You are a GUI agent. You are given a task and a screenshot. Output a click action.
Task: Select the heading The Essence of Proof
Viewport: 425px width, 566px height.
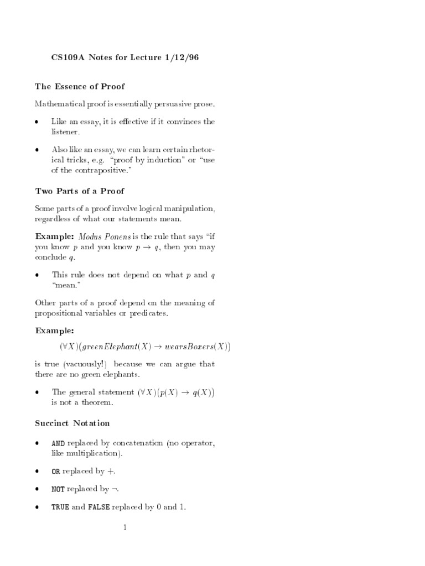[80, 86]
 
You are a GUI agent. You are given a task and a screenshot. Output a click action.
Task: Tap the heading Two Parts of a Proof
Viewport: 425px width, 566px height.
[80, 191]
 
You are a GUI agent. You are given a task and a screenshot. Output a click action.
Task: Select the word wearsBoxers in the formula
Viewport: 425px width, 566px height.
[188, 347]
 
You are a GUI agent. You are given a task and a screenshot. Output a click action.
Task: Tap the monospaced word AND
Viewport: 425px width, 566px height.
[58, 443]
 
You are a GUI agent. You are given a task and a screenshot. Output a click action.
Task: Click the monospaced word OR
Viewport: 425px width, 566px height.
[55, 471]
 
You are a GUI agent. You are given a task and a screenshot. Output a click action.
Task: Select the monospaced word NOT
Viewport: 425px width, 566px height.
[58, 489]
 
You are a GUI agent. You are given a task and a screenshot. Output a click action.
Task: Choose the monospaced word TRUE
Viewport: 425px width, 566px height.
[60, 507]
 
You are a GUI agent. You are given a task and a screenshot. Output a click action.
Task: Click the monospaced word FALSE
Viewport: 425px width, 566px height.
[99, 507]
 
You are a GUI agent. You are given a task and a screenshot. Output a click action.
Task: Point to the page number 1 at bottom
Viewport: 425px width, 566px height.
[125, 528]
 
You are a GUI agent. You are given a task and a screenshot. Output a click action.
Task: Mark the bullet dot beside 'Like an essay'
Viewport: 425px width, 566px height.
[37, 122]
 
